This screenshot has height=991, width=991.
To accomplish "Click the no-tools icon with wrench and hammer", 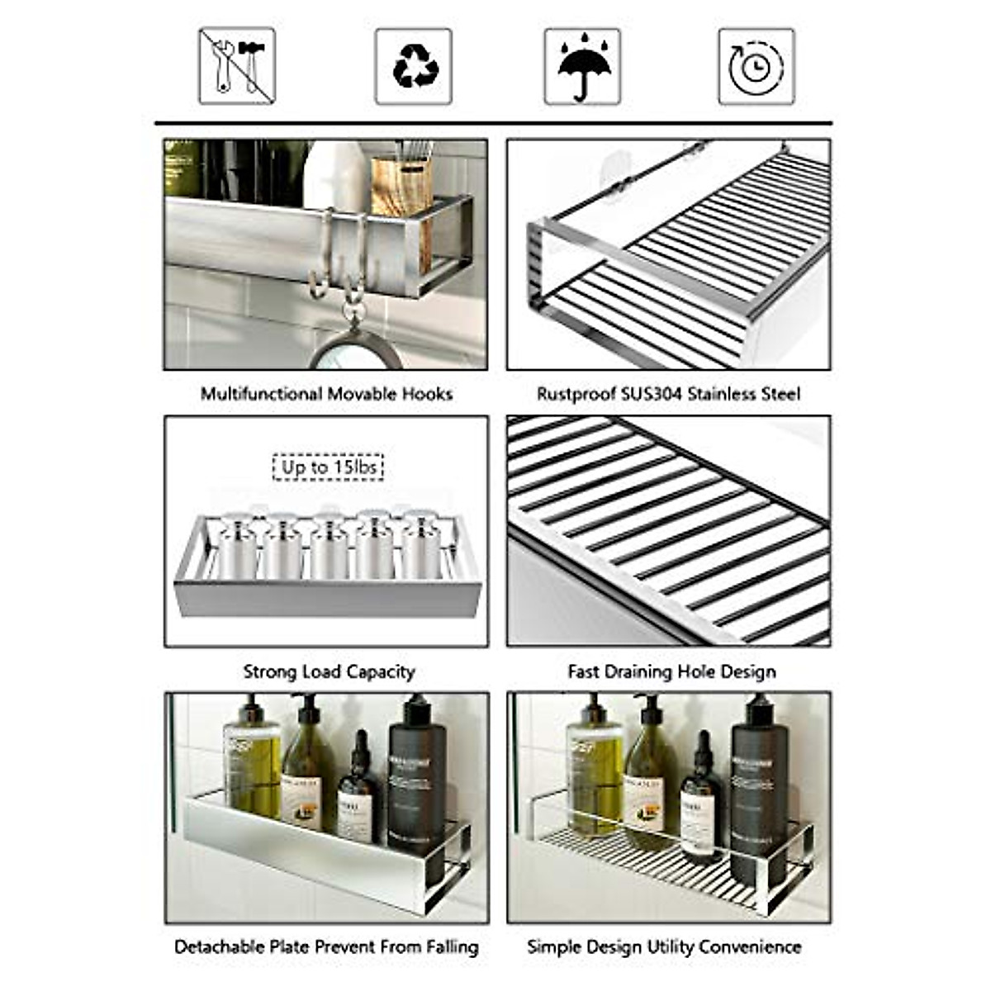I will [x=237, y=66].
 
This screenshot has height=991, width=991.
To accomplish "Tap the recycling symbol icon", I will [x=413, y=66].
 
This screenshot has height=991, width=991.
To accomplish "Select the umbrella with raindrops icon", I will [x=582, y=66].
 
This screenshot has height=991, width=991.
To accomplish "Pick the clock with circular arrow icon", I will [x=756, y=66].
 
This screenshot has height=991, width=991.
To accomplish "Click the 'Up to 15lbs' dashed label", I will [x=329, y=467].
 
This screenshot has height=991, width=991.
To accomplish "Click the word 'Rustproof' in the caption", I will [x=576, y=394].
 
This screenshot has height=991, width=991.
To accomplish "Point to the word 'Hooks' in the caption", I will [x=427, y=394].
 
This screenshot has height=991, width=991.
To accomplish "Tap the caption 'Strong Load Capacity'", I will [x=329, y=671].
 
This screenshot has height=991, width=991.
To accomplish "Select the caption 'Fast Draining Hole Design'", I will [x=671, y=671].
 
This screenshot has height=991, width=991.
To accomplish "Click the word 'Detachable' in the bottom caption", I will [x=219, y=946].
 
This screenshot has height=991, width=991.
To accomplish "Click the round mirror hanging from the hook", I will [x=355, y=351].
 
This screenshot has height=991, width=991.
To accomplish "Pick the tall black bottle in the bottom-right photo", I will [x=758, y=793].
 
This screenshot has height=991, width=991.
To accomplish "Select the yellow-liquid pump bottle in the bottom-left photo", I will [x=252, y=764].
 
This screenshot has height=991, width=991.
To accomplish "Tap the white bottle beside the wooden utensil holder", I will [x=336, y=173].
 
